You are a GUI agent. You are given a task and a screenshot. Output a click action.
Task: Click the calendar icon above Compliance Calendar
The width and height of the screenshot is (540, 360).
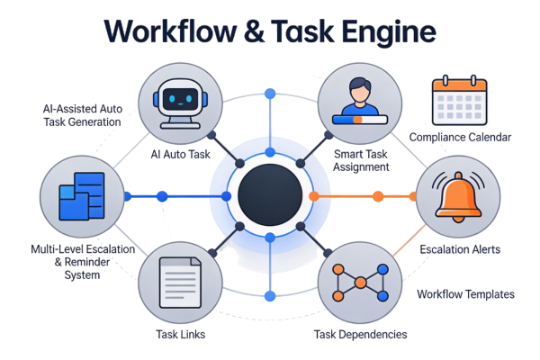tap(458, 100)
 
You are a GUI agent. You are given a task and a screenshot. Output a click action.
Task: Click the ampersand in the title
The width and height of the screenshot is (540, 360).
tap(260, 31)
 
